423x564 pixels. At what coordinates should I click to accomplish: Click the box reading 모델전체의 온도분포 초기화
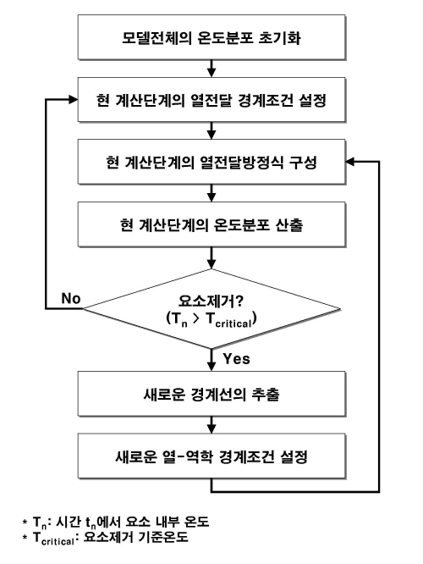click(x=208, y=40)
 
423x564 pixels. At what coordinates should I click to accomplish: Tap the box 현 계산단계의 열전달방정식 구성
click(x=208, y=163)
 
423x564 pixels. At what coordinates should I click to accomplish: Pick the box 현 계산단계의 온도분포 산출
click(x=208, y=224)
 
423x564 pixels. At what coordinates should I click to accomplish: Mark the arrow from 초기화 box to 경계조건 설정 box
click(x=208, y=70)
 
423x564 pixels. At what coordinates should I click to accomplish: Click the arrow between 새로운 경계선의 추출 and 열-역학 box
click(x=208, y=428)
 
